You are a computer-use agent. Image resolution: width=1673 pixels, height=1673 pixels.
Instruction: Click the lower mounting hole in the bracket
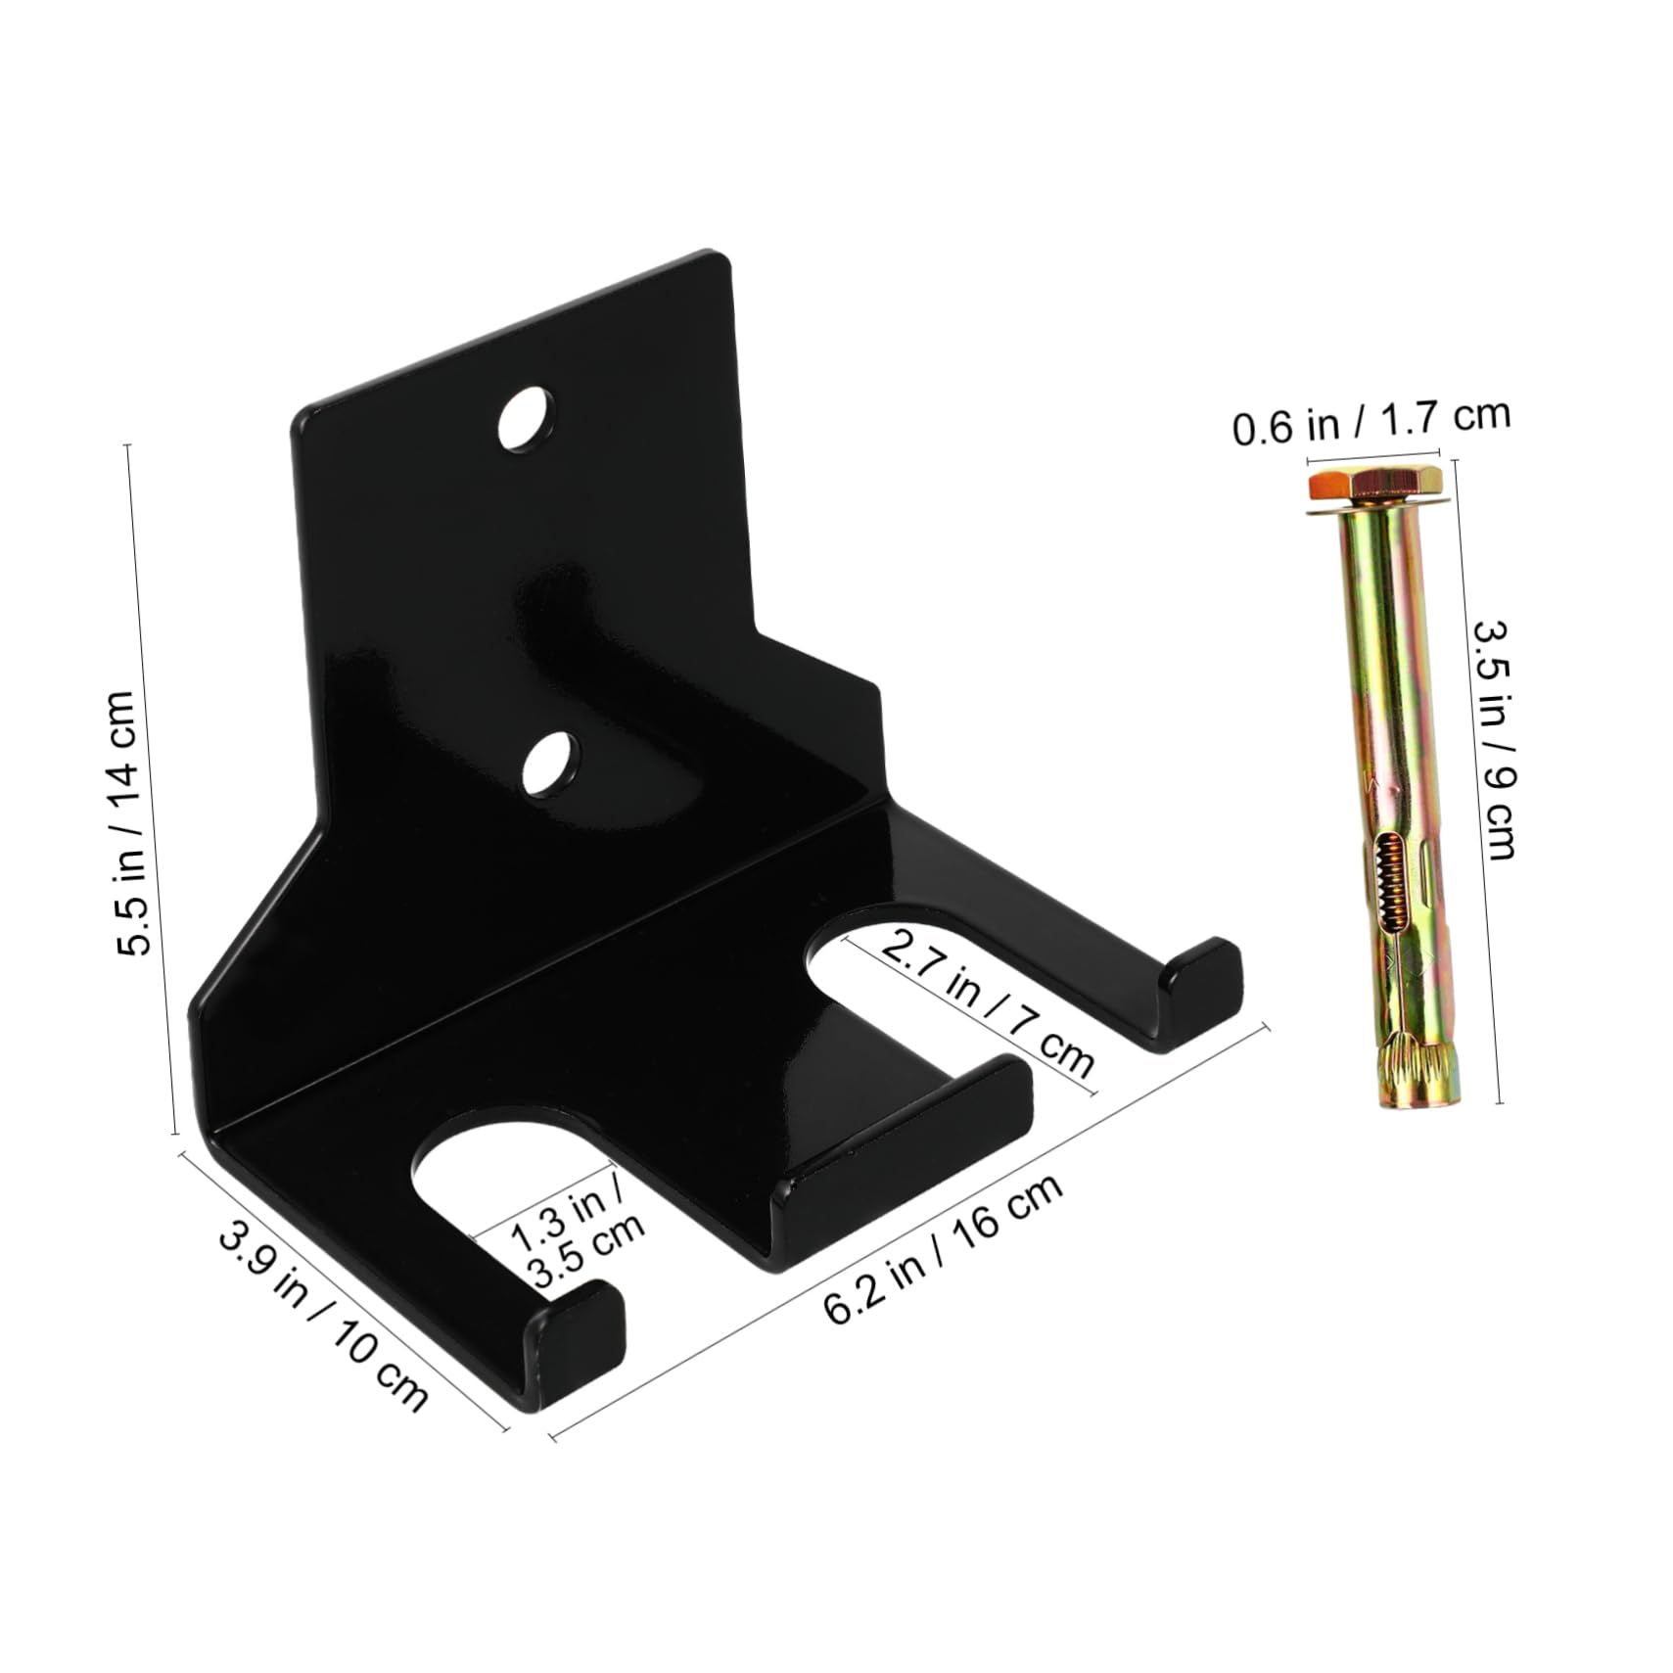coord(549,764)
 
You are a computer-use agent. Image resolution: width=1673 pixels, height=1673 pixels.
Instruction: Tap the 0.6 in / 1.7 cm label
coord(1371,420)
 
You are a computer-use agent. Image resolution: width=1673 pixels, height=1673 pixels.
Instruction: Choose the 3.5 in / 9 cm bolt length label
coord(1495,741)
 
